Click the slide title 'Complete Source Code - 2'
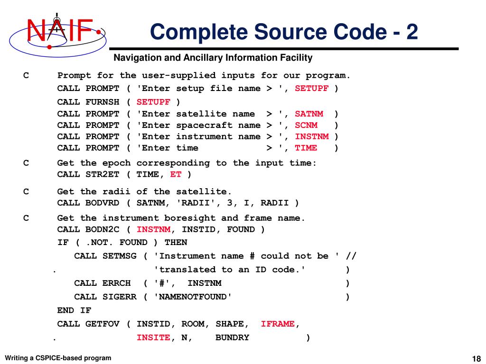[284, 32]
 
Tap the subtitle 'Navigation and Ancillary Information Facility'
[213, 58]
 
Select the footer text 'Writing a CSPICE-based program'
[58, 358]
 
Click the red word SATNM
[309, 114]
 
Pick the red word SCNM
[306, 125]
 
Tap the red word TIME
[306, 148]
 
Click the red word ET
[176, 174]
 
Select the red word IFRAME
[278, 324]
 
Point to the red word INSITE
[153, 337]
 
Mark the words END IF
[74, 310]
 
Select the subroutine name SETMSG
[119, 256]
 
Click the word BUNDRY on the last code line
[232, 337]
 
